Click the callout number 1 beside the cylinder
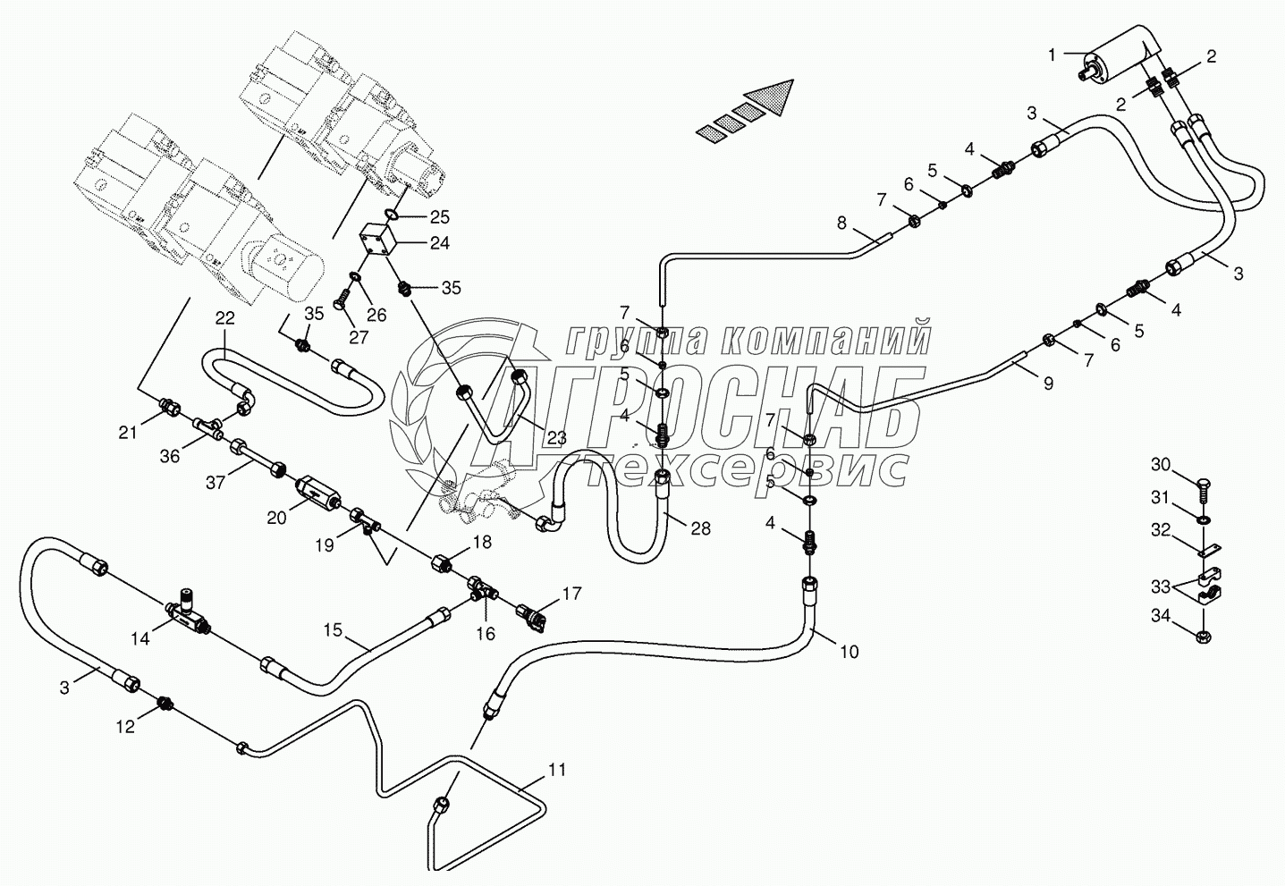coord(1051,55)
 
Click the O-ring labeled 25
coord(393,215)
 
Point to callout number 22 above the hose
coord(224,319)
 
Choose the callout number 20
coord(276,518)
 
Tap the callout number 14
coord(140,639)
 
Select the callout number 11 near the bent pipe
coord(556,770)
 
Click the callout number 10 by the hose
coord(849,652)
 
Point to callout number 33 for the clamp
coord(1162,587)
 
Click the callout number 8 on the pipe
coord(841,224)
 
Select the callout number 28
coord(700,528)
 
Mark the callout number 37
coord(216,484)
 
